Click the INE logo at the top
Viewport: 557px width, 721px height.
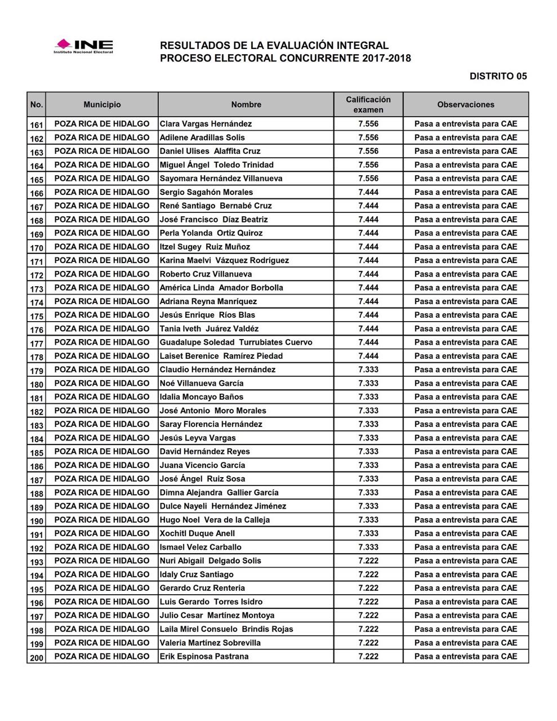pyautogui.click(x=83, y=46)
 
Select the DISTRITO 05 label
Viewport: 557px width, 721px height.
pyautogui.click(x=498, y=76)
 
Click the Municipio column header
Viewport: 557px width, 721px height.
pyautogui.click(x=102, y=105)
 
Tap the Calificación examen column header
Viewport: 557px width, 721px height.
pyautogui.click(x=368, y=105)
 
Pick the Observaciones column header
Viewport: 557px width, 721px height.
pyautogui.click(x=466, y=105)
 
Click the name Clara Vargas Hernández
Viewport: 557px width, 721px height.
pyautogui.click(x=206, y=124)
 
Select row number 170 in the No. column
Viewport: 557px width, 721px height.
pyautogui.click(x=37, y=247)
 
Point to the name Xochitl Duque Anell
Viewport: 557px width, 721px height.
pyautogui.click(x=197, y=533)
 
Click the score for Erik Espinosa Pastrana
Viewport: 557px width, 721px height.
pyautogui.click(x=368, y=656)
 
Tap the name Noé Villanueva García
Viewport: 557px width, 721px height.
pyautogui.click(x=202, y=384)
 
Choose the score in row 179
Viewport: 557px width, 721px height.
pyautogui.click(x=368, y=370)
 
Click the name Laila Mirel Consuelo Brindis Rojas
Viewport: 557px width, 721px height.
pyautogui.click(x=226, y=629)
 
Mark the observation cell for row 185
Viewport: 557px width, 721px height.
pyautogui.click(x=466, y=452)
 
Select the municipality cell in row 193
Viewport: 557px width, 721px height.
pyautogui.click(x=102, y=561)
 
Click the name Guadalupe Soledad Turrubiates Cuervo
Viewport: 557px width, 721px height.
pyautogui.click(x=236, y=342)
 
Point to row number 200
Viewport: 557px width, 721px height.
pyautogui.click(x=37, y=657)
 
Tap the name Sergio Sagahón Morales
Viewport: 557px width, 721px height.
pyautogui.click(x=206, y=192)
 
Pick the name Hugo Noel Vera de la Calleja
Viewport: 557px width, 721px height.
pyautogui.click(x=215, y=520)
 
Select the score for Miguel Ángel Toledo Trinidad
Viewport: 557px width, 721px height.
pyautogui.click(x=368, y=165)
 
